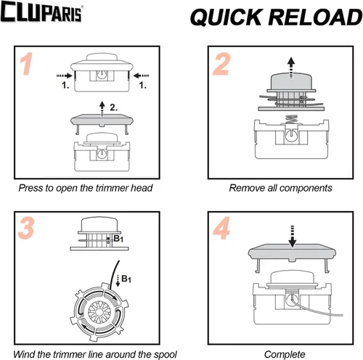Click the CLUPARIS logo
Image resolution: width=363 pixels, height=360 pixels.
(41, 12)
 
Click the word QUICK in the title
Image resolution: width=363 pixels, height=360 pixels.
(227, 17)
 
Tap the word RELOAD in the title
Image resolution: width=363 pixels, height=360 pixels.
(316, 17)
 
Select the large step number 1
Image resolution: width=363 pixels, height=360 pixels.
(26, 64)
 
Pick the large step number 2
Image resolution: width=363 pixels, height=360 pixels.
(221, 64)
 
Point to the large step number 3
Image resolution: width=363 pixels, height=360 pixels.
(26, 228)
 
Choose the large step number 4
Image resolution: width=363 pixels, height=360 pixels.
(221, 228)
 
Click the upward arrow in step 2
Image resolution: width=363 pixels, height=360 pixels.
(291, 67)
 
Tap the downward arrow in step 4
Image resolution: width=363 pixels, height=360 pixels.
(293, 236)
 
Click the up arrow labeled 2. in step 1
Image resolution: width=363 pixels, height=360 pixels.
(102, 109)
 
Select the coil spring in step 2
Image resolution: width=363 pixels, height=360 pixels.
(292, 119)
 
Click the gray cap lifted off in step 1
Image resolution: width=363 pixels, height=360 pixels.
(102, 123)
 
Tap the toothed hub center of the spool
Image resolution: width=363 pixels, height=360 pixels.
(99, 312)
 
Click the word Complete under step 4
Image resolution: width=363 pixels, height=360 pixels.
(285, 355)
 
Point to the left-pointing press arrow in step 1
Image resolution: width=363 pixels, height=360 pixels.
(141, 75)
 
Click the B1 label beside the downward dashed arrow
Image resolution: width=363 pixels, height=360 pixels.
(126, 279)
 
